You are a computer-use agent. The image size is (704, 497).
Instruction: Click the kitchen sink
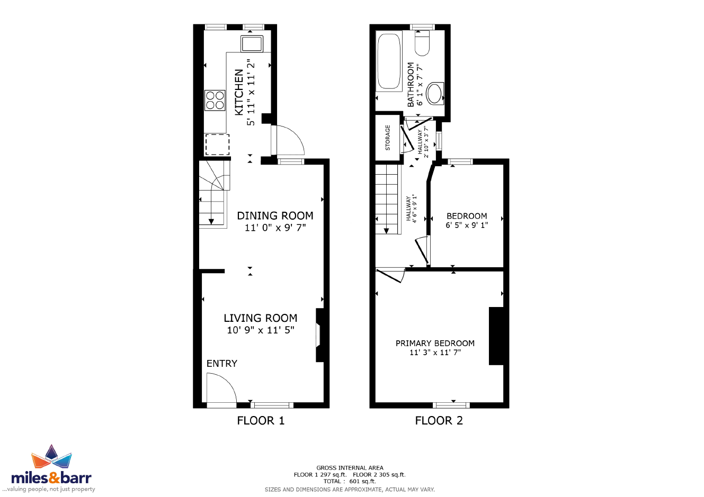[x=252, y=43]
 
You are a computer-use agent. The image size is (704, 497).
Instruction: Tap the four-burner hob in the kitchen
[x=215, y=100]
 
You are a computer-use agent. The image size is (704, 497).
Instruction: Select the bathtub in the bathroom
[x=389, y=61]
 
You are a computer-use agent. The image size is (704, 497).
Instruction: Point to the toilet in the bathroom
[x=422, y=43]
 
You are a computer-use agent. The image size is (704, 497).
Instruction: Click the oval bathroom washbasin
[x=435, y=93]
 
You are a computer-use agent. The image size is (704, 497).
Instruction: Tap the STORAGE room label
[x=388, y=138]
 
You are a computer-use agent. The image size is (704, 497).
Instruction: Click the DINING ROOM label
[x=275, y=216]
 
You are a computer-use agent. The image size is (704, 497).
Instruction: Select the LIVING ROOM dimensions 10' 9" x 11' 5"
[x=261, y=330]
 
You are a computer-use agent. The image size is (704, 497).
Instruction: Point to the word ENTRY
[x=222, y=364]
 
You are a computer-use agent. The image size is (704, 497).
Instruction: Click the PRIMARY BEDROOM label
[x=435, y=343]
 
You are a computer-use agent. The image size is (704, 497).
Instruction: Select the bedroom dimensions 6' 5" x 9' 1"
[x=467, y=225]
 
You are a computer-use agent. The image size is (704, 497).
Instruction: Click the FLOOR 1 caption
[x=261, y=420]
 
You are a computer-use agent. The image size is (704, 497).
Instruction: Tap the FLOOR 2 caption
[x=439, y=420]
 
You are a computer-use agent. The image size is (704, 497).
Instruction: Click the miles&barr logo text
[x=51, y=477]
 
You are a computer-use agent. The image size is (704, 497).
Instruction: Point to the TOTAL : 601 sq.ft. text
[x=350, y=481]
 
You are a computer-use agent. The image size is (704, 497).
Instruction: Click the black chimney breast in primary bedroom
[x=496, y=336]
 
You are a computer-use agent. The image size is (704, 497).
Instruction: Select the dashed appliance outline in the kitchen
[x=217, y=144]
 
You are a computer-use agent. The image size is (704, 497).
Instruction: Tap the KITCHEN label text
[x=239, y=92]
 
